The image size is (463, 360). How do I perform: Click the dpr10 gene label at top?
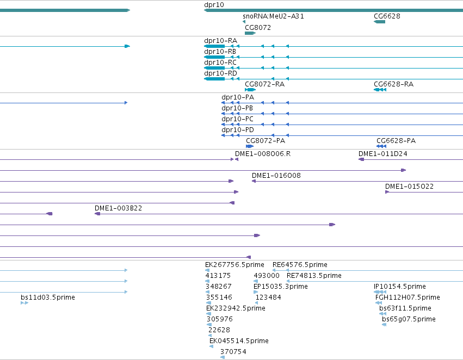click(214, 5)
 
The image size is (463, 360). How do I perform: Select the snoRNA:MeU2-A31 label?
click(273, 16)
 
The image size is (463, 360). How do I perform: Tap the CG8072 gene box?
click(250, 33)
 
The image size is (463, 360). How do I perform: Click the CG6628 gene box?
click(379, 22)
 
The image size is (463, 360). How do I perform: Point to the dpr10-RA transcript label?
click(220, 41)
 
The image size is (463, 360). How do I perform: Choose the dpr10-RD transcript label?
click(220, 73)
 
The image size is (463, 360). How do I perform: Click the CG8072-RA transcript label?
click(264, 84)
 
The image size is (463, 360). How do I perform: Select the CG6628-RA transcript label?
click(393, 84)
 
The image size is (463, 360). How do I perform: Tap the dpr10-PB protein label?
click(237, 108)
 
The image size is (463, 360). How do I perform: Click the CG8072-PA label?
click(266, 141)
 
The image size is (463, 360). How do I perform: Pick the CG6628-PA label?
click(396, 141)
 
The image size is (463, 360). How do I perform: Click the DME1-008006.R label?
click(263, 154)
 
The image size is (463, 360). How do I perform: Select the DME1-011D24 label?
click(382, 154)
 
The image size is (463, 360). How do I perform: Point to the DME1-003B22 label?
click(118, 208)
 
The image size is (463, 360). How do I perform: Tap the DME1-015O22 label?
click(409, 187)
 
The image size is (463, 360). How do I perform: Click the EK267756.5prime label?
click(234, 265)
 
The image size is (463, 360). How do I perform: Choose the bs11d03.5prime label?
click(48, 297)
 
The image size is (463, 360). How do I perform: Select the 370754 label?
click(233, 352)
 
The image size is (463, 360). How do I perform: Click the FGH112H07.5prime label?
click(408, 297)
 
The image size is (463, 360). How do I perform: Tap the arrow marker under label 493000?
click(256, 281)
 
